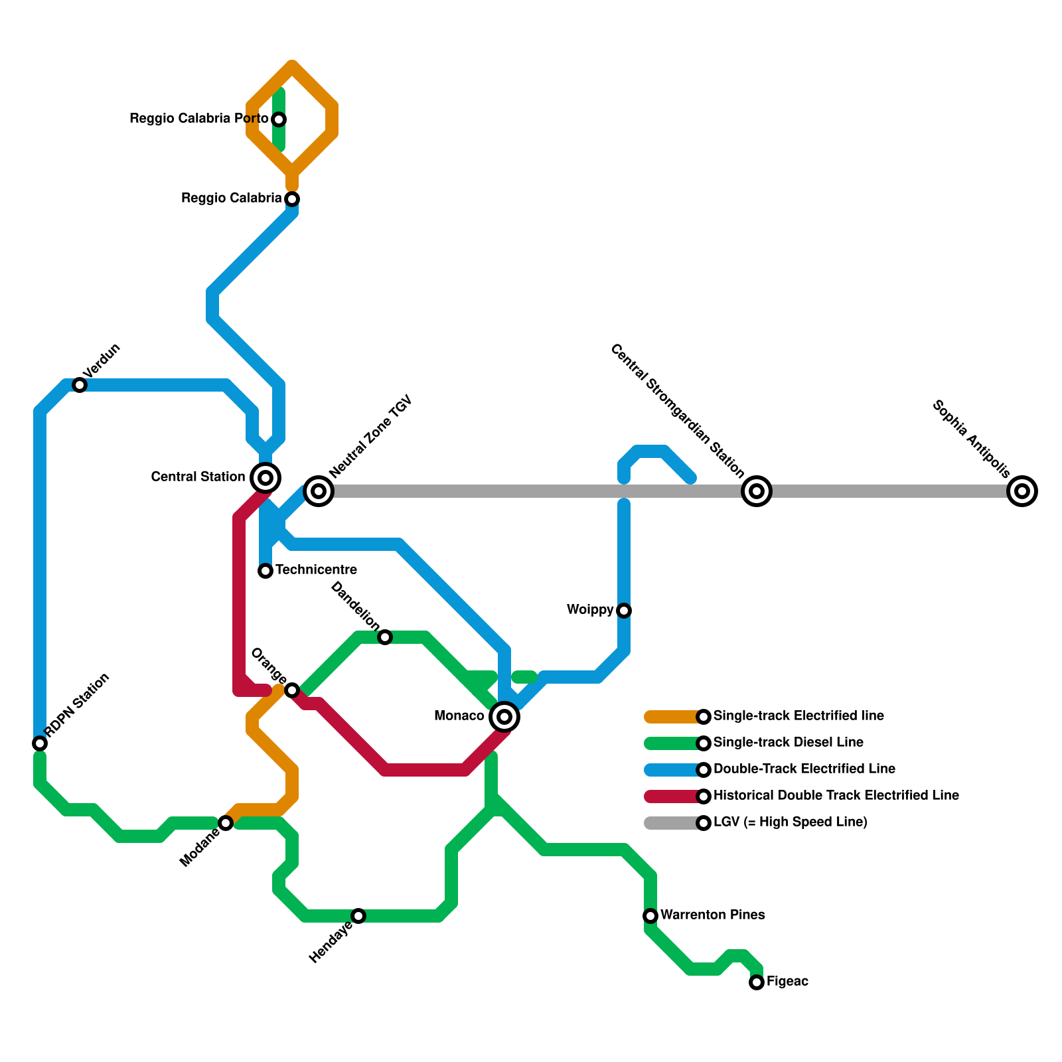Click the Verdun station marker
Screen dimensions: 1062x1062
click(x=80, y=385)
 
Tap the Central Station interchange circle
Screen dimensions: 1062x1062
click(x=265, y=477)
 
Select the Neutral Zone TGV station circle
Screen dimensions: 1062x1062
click(x=319, y=491)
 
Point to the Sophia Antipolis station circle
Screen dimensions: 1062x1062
click(x=1022, y=491)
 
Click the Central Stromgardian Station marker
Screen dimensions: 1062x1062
click(x=757, y=491)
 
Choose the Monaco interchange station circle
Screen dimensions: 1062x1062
click(x=504, y=717)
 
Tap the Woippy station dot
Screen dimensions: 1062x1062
click(x=624, y=611)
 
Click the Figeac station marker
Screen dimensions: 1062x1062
click(x=757, y=982)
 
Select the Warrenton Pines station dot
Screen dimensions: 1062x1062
click(x=650, y=916)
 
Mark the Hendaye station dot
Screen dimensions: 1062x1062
click(x=358, y=916)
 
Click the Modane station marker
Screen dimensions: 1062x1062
click(x=226, y=823)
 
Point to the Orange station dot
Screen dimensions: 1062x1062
click(x=292, y=690)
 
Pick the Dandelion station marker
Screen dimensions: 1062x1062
click(x=385, y=637)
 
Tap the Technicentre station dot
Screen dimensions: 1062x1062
click(x=265, y=571)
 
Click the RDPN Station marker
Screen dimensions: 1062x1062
click(x=40, y=743)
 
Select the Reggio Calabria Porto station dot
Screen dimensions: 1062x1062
click(x=279, y=119)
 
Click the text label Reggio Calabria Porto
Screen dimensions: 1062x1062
click(x=198, y=119)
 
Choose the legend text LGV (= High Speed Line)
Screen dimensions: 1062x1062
click(x=790, y=822)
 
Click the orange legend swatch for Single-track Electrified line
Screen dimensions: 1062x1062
click(x=670, y=717)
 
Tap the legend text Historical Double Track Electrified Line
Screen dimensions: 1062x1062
click(x=836, y=796)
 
